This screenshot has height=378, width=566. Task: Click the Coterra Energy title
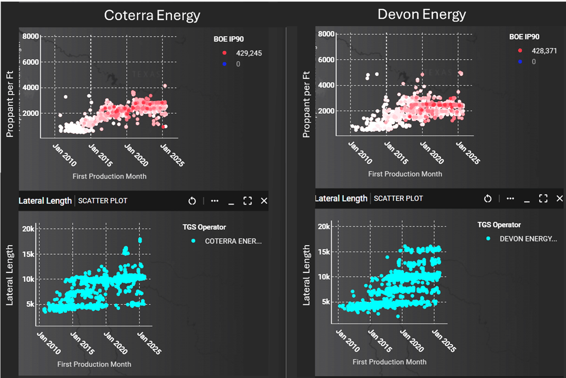(152, 15)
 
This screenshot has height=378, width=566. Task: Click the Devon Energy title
(421, 14)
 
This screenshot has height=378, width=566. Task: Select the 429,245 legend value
(249, 53)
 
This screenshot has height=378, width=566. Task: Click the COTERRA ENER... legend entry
(233, 240)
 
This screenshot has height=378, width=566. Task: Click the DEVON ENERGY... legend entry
(528, 238)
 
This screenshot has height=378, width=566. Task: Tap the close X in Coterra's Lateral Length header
(264, 201)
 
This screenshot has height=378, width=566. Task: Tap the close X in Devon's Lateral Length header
(559, 198)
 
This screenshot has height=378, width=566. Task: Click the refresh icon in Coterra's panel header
(192, 201)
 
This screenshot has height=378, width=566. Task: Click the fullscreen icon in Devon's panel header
(543, 198)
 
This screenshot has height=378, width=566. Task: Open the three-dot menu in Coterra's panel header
(215, 201)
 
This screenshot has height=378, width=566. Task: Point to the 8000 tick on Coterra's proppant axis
(31, 36)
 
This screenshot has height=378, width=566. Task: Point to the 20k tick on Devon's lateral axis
(324, 227)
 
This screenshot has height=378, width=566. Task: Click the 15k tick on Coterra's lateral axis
(27, 254)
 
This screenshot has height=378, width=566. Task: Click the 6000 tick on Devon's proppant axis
(327, 59)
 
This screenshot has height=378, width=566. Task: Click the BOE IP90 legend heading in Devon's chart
(524, 37)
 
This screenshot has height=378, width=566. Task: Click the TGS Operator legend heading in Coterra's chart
(204, 227)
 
